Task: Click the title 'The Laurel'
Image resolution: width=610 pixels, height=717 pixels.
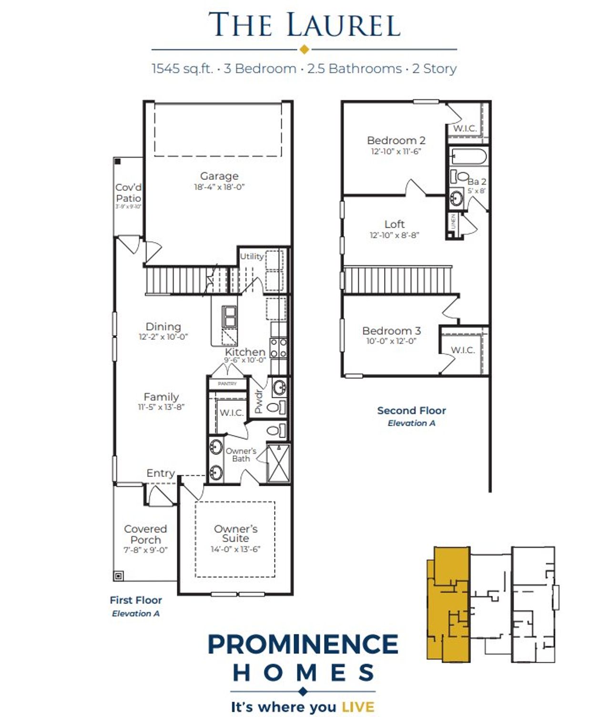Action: [x=304, y=25]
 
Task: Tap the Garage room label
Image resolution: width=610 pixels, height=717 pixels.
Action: [x=219, y=176]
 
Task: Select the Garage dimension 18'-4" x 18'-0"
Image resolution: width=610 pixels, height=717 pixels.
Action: [x=219, y=187]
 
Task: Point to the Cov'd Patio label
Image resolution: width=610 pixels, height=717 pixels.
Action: [x=128, y=193]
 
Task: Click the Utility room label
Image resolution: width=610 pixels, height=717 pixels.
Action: [x=251, y=256]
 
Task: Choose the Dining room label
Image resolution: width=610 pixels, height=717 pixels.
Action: [x=163, y=327]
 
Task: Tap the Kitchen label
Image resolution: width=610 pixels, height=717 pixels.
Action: [x=245, y=352]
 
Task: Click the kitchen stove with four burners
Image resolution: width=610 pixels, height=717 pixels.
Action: [x=278, y=348]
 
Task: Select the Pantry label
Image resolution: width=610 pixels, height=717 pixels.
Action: [x=227, y=383]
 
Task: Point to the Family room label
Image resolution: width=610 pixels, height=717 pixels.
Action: [x=161, y=397]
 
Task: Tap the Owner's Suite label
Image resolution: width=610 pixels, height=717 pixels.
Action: [x=235, y=533]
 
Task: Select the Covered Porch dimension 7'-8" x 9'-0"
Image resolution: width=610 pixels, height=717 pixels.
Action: [x=145, y=550]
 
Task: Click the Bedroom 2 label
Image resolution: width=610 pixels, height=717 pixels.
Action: [x=396, y=140]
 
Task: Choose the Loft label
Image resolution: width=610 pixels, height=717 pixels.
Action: [x=394, y=224]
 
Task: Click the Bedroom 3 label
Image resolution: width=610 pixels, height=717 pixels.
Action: [x=391, y=330]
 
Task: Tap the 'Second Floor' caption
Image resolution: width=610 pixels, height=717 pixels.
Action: [x=411, y=410]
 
